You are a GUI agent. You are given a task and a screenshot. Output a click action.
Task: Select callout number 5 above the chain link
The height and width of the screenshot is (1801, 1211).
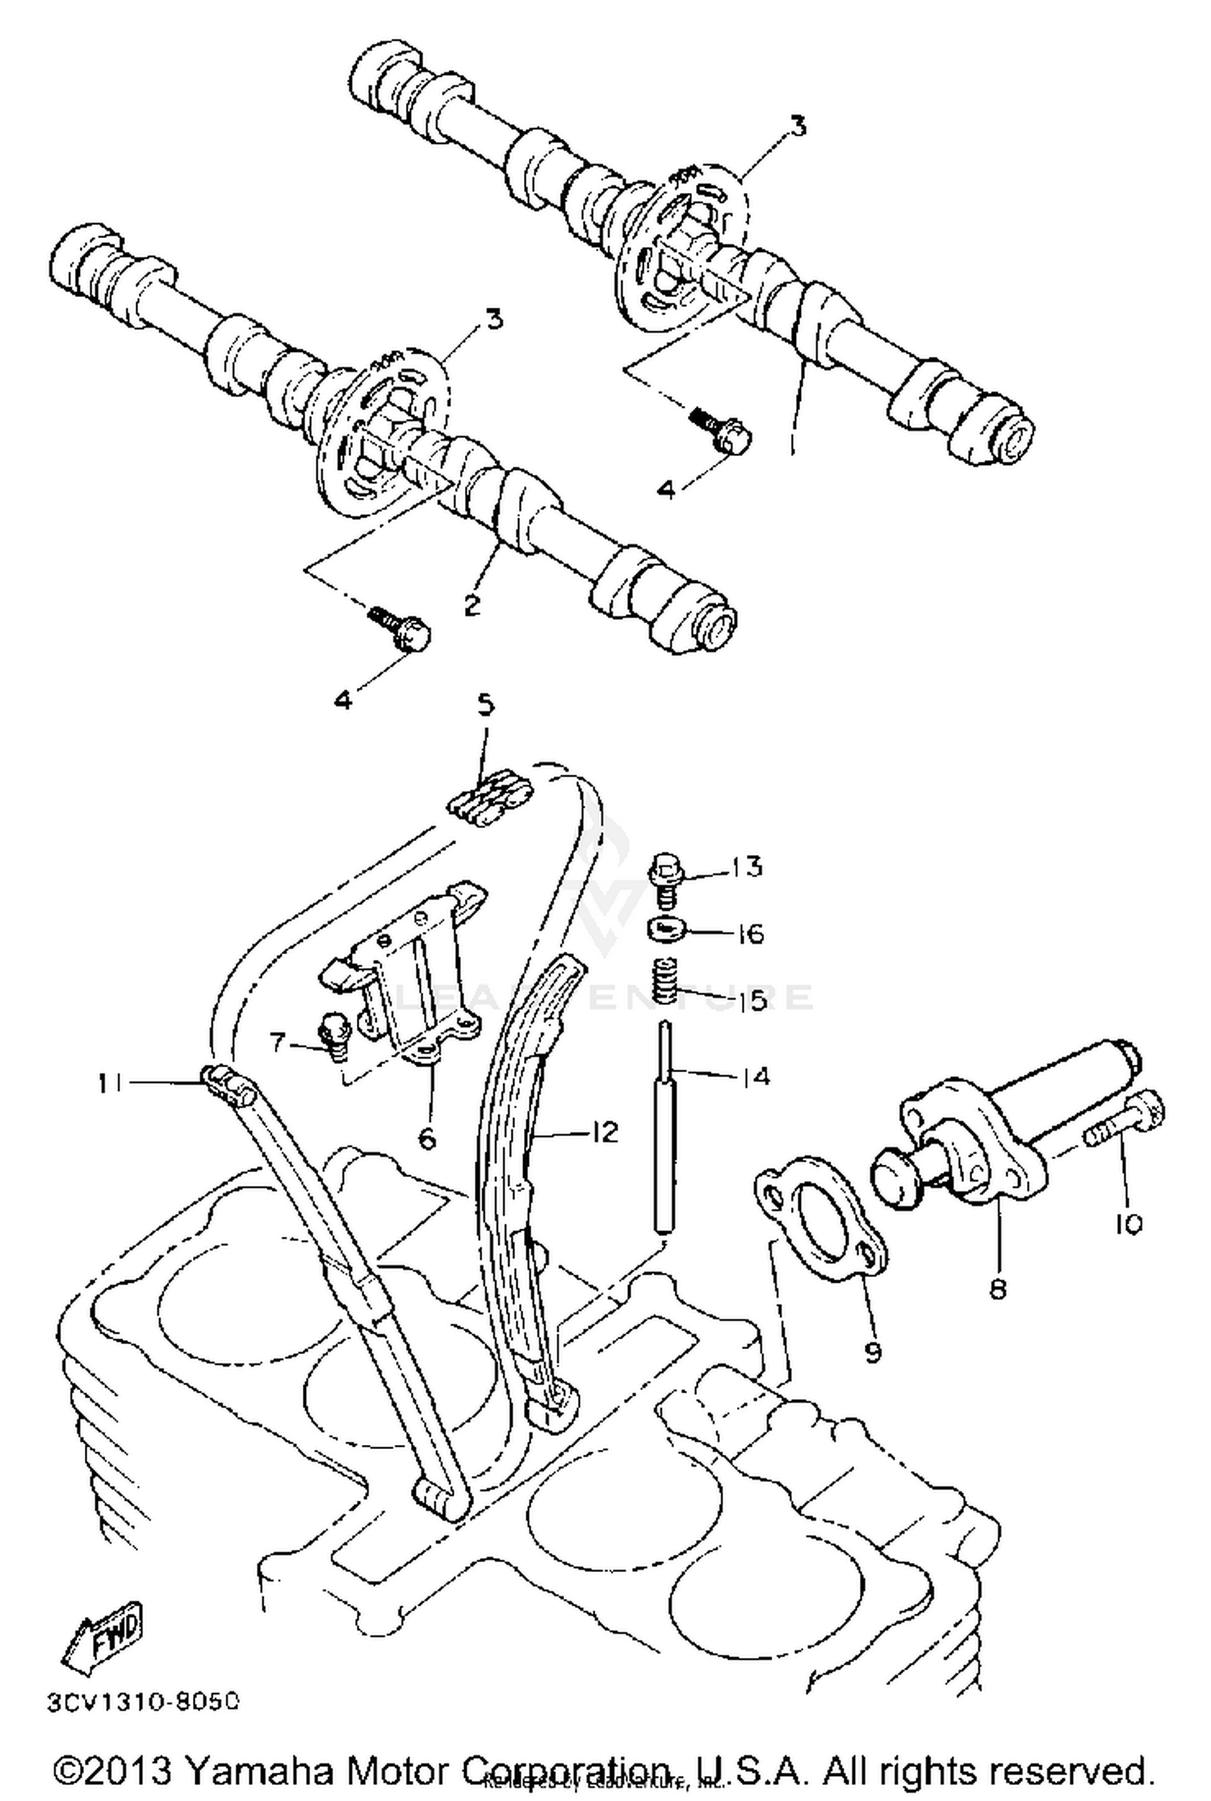coord(484,706)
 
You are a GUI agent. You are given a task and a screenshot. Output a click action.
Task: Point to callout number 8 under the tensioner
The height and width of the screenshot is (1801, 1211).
coord(998,1289)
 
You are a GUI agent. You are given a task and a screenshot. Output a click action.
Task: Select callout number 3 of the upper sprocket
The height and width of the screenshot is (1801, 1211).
coord(798,128)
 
